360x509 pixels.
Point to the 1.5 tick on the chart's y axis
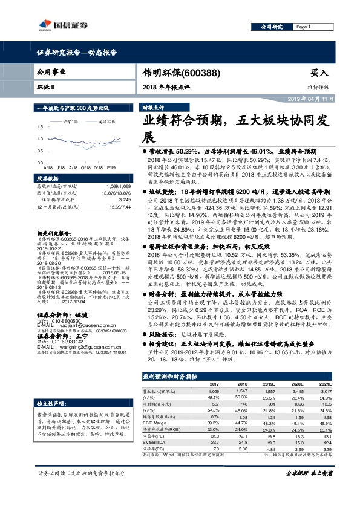pyautogui.click(x=41, y=127)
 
